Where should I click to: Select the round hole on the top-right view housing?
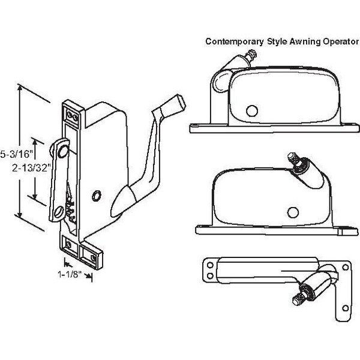[x=250, y=110]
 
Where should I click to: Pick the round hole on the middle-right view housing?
[x=293, y=211]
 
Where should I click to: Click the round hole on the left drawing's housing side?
[x=95, y=196]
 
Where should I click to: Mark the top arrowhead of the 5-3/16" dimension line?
[x=22, y=88]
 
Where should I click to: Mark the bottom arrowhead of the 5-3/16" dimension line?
[x=22, y=218]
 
